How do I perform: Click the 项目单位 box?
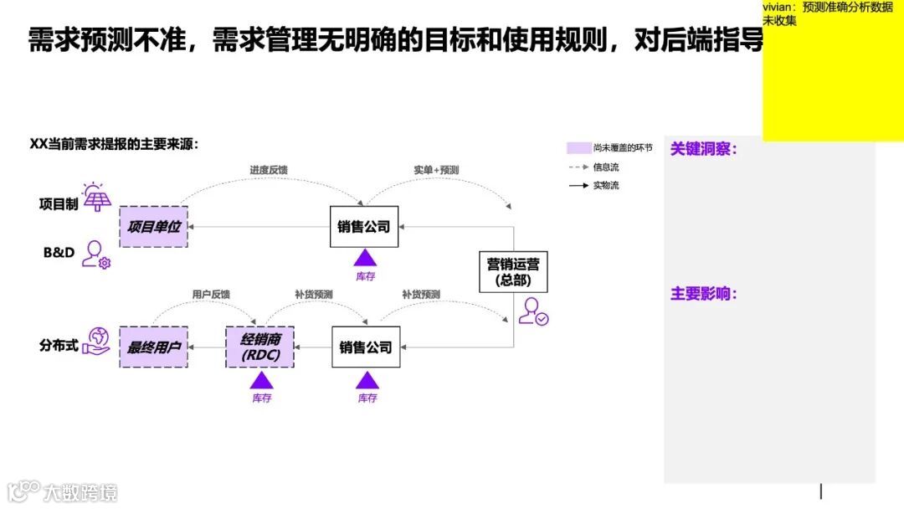coord(154,227)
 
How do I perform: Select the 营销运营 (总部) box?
coord(513,271)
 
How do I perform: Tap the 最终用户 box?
coord(154,347)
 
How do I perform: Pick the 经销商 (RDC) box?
coord(260,347)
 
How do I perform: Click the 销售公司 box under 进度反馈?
coord(364,227)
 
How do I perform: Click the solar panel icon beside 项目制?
coord(97,198)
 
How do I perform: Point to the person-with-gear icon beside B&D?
coord(96,254)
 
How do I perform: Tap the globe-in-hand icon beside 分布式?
coord(97,341)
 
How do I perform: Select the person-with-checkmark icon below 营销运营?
coord(532,311)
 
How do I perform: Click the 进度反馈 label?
coord(269,170)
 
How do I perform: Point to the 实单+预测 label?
coord(436,170)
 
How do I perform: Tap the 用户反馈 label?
coord(211,295)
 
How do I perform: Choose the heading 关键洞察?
coord(703,150)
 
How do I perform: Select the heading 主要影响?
coord(703,295)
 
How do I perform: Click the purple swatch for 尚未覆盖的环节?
coord(578,148)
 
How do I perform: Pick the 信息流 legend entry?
coord(605,167)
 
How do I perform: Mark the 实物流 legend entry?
coord(605,186)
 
